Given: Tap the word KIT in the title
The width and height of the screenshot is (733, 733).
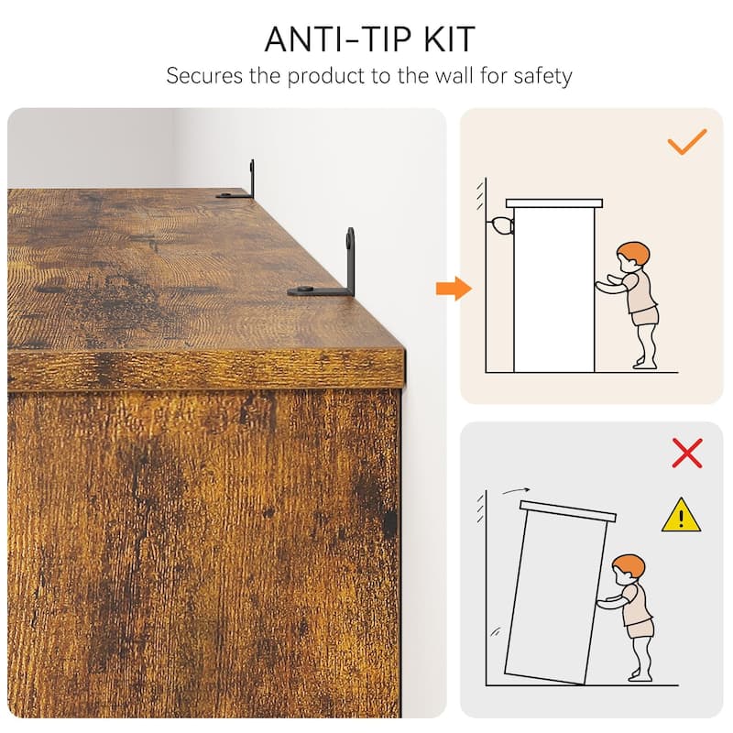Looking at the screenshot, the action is (x=449, y=39).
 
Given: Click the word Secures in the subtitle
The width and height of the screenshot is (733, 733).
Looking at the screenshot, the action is (x=204, y=76).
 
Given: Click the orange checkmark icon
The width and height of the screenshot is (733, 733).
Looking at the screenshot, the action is (x=686, y=142).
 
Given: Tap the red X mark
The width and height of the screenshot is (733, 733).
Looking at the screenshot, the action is (x=686, y=453).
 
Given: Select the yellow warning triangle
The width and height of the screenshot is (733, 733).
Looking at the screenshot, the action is (x=681, y=515).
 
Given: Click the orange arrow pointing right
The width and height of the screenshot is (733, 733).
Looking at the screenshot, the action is (x=454, y=289).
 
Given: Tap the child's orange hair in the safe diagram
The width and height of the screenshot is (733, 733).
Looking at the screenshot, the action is (x=634, y=253).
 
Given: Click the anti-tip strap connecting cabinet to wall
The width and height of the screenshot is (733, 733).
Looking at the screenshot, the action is (x=500, y=226).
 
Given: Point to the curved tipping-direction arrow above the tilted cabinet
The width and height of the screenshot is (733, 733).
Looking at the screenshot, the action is (x=516, y=490).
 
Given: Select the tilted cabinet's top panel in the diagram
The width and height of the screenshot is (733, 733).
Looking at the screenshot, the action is (x=568, y=511).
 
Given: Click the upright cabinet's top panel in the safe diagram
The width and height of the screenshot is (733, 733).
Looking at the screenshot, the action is (x=554, y=203).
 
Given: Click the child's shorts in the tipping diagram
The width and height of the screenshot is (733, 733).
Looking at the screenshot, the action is (x=640, y=628).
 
